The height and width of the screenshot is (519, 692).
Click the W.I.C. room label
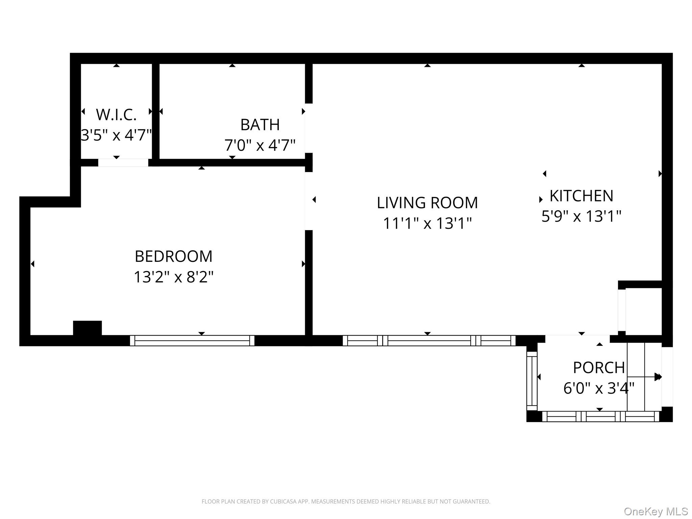[x=116, y=115]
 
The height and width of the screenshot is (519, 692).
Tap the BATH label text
[x=260, y=125]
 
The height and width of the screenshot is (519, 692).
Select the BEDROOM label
[x=173, y=256]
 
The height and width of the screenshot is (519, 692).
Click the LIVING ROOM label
[x=427, y=203]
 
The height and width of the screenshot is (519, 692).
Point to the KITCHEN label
[x=581, y=196]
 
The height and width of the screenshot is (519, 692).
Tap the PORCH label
[x=599, y=368]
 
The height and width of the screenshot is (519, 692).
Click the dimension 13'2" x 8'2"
[x=173, y=277]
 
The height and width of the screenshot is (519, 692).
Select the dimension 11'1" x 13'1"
[x=427, y=223]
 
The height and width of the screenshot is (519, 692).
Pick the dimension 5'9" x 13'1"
[x=581, y=216]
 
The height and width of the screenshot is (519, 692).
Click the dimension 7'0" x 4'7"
[x=260, y=145]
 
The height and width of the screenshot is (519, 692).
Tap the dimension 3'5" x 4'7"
[x=116, y=135]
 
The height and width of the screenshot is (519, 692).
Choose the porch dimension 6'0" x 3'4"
[x=599, y=388]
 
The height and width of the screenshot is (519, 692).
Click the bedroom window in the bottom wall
[x=192, y=341]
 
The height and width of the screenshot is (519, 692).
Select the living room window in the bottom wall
[x=429, y=341]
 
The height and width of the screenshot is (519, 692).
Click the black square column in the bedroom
[x=87, y=328]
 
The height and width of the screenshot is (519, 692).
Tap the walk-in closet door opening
[x=123, y=163]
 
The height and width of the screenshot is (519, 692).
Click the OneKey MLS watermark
[x=656, y=512]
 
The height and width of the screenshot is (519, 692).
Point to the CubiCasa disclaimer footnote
[x=346, y=501]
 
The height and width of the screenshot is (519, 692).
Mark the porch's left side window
[x=532, y=381]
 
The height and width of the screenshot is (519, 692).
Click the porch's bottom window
[x=600, y=416]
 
